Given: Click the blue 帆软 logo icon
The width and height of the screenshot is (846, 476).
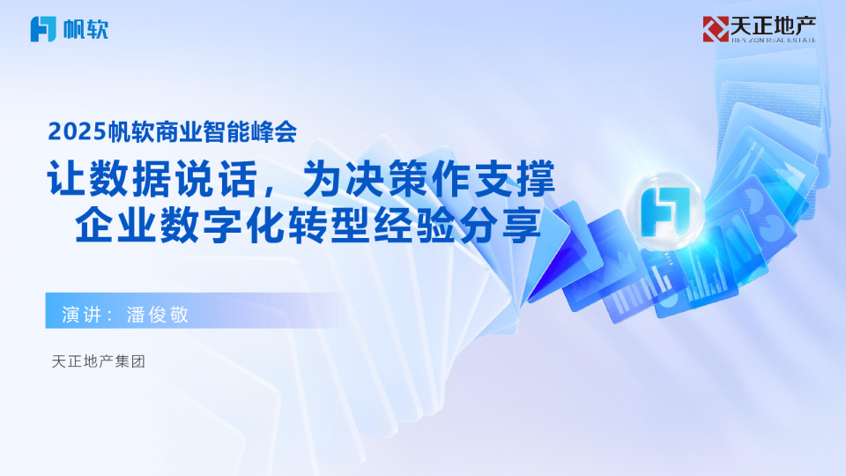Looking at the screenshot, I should tap(44, 29).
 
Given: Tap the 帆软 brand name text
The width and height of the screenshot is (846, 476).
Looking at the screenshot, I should tap(86, 30).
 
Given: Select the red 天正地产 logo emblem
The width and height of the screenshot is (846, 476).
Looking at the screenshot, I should tap(715, 28).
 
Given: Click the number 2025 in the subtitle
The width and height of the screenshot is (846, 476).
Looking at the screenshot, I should tap(77, 132).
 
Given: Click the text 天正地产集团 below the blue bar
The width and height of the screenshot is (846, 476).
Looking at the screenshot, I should tap(98, 361).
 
